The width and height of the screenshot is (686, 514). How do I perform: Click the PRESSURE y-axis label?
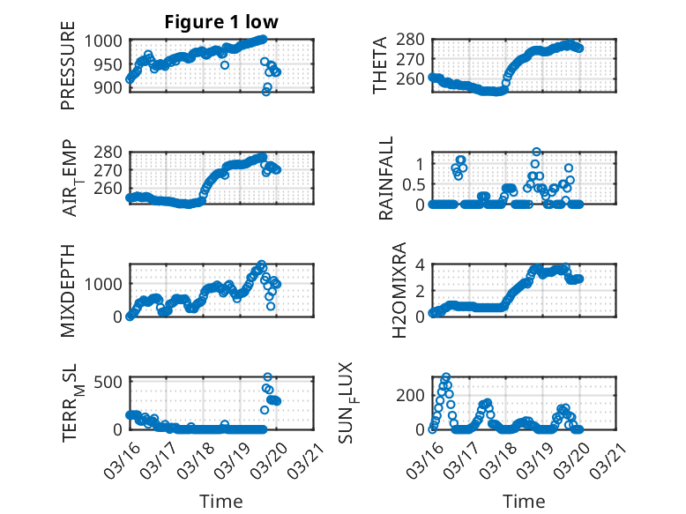pos(68,71)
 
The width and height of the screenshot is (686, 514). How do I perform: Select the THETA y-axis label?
pos(380,66)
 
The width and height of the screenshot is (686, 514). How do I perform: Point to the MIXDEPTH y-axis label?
pos(68,290)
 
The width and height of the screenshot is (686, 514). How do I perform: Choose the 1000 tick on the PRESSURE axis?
pos(107,41)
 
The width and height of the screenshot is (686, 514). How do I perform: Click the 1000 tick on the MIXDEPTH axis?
pos(107,284)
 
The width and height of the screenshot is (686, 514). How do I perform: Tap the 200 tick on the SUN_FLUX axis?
pos(414,394)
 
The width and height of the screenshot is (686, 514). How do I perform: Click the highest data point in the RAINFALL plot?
pos(536,153)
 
